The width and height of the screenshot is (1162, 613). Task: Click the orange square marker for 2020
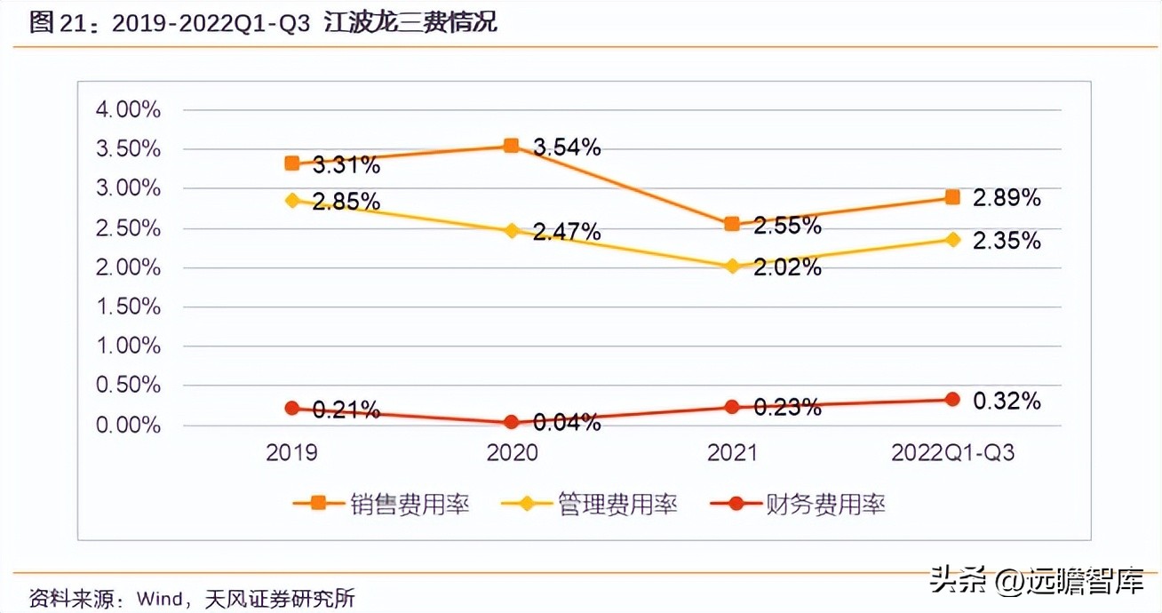(x=511, y=146)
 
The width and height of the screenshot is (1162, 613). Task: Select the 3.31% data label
(x=346, y=164)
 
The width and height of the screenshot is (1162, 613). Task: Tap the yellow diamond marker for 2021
(x=732, y=266)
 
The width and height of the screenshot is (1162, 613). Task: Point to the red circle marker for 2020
(x=511, y=422)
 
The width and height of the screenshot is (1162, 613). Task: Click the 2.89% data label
(x=1007, y=198)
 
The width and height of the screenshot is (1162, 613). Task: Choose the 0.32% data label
(x=1007, y=401)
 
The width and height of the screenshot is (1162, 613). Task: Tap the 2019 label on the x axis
(x=291, y=453)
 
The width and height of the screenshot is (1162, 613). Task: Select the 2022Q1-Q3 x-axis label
(x=952, y=453)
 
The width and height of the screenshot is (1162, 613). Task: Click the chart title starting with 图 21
(x=263, y=23)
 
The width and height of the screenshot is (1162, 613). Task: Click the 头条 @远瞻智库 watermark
(x=1035, y=582)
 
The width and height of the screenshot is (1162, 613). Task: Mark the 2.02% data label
(x=787, y=267)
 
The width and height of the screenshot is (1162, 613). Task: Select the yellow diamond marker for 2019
(x=291, y=200)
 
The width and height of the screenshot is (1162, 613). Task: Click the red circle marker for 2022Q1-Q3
(x=952, y=399)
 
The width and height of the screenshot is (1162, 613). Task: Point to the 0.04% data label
(x=567, y=423)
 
